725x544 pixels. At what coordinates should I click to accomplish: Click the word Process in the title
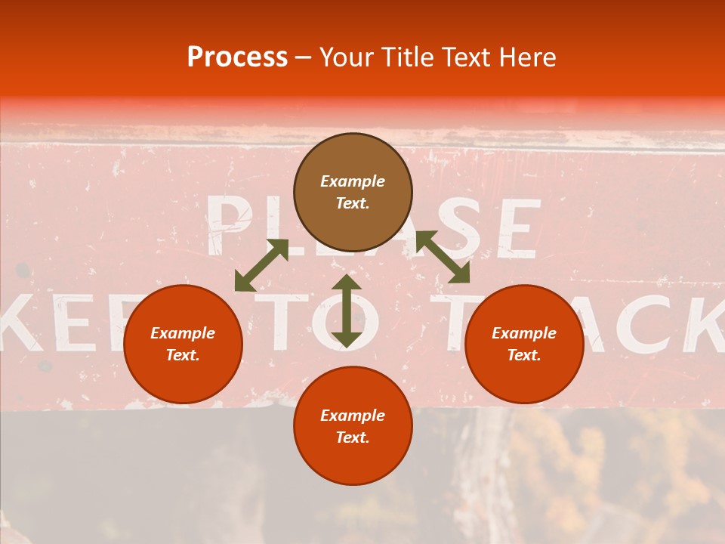point(237,57)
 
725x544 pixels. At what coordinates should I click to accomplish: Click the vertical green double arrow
point(346,311)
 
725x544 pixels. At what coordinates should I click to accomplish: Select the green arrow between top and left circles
point(261,265)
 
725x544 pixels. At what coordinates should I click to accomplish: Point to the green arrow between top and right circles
point(443,257)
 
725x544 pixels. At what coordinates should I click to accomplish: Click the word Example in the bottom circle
point(353,416)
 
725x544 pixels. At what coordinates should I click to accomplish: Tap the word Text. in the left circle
point(183,355)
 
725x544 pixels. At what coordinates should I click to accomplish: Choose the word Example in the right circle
point(524,333)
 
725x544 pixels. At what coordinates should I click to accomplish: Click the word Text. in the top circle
point(353,203)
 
